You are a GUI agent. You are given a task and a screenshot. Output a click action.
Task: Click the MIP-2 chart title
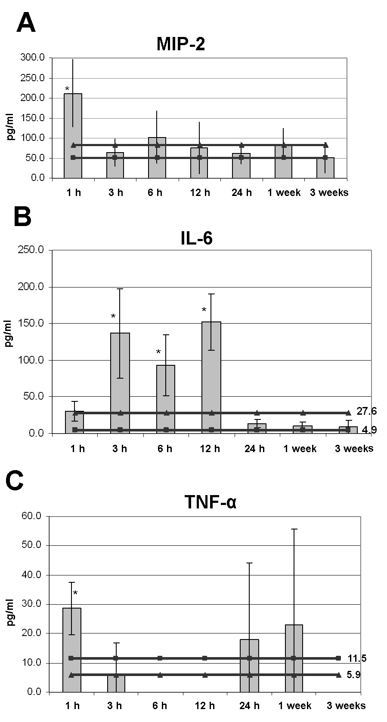coord(180,44)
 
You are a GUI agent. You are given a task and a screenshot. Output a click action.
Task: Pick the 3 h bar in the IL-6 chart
coord(120,382)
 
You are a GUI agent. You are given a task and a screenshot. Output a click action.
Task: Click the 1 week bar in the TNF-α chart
coord(294,658)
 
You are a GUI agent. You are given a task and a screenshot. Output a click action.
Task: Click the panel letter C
coord(15,482)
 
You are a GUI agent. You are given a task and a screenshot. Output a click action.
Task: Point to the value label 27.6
coord(366,411)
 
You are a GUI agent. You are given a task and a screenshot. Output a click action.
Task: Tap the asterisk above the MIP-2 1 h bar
coord(67,89)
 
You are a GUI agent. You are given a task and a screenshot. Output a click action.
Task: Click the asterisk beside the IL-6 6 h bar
coord(158,353)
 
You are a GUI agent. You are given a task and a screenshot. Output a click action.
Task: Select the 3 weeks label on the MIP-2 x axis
coord(329,193)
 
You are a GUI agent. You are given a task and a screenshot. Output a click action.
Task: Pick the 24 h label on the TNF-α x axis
coord(249,706)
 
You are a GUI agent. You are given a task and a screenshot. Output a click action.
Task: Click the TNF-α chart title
coord(211,502)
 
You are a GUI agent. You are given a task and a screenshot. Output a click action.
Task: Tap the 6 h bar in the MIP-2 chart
coord(157,157)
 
